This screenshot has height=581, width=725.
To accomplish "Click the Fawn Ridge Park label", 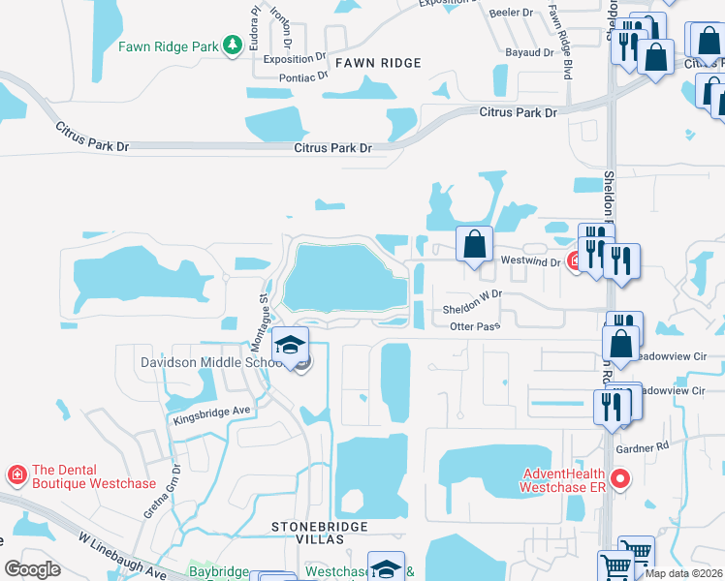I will tap(168, 46).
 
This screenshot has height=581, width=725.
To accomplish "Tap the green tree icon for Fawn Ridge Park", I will tap(232, 46).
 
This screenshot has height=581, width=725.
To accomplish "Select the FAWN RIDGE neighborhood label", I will tap(378, 63).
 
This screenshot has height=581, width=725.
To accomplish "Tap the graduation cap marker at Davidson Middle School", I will tap(290, 347).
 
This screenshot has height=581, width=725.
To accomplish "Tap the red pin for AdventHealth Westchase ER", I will tap(621, 478).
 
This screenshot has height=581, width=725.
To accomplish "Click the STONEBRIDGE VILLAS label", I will tap(320, 534).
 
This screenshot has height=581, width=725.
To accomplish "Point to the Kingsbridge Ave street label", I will tap(212, 414).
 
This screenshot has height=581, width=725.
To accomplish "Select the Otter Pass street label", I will tap(475, 326).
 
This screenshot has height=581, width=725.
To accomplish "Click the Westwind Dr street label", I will tap(530, 261).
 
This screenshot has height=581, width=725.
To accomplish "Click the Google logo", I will tap(33, 568).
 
